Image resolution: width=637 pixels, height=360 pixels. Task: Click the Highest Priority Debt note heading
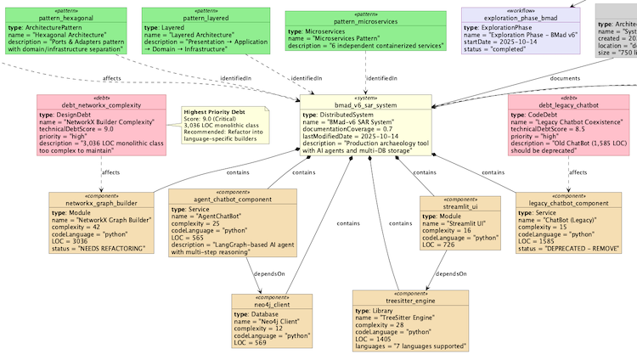pyautogui.click(x=214, y=112)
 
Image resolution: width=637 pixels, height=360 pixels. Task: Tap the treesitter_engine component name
pyautogui.click(x=410, y=301)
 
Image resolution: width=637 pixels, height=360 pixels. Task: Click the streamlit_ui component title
pyautogui.click(x=460, y=206)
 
